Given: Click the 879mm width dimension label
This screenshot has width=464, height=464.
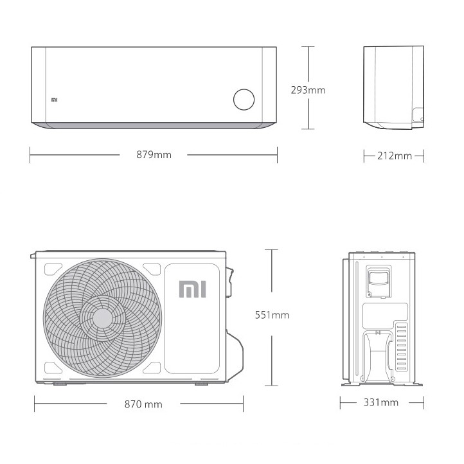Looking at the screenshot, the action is point(154,155).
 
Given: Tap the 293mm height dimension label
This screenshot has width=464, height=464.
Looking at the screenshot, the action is point(308,90).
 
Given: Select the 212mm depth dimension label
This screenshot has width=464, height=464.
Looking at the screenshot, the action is point(395,156).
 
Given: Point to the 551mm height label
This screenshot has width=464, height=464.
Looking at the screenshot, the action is point(272,315).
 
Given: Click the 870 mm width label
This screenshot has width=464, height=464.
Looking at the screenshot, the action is point(143,404).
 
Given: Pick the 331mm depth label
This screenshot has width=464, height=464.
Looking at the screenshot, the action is point(381,402).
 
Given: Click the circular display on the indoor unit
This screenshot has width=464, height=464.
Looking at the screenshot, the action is point(244,100).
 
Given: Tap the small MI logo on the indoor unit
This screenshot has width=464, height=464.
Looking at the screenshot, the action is point(55,100).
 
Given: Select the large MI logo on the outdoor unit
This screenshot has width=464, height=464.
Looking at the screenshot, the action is point(192,289).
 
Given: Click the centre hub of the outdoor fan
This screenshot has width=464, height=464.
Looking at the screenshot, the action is point(103,318).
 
